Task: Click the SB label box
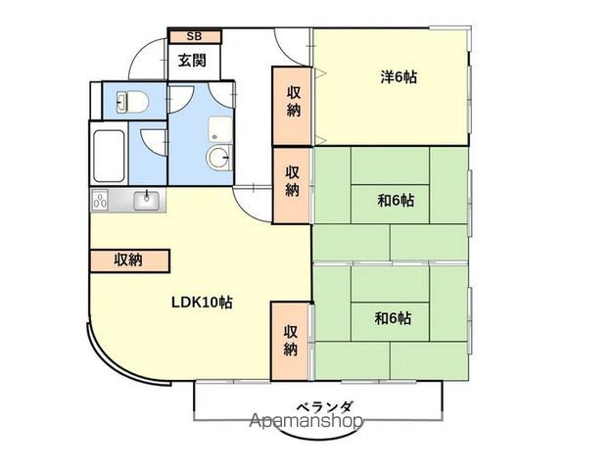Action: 195,36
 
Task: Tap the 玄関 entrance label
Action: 192,61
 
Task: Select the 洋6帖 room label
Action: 399,77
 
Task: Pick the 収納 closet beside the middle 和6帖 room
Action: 292,180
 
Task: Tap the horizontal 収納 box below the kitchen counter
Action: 130,260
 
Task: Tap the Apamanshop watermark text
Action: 306,422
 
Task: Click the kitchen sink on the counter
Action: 149,201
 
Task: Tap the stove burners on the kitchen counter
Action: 100,202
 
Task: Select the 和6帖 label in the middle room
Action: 396,201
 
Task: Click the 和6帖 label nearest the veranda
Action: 393,318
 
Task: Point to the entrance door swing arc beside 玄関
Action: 147,55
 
